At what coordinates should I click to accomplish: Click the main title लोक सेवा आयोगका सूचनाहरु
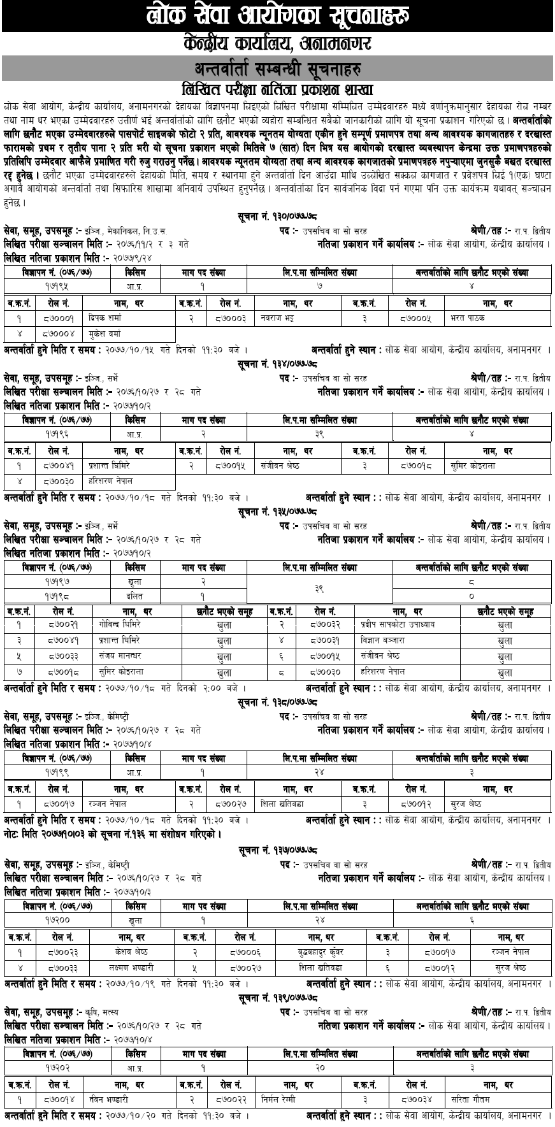tap(277, 14)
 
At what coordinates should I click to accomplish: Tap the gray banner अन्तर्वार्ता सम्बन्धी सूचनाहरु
tap(277, 67)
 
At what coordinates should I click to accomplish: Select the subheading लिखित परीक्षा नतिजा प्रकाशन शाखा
tap(277, 89)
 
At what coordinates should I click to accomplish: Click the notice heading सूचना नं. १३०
tap(277, 217)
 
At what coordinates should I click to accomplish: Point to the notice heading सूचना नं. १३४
tap(277, 364)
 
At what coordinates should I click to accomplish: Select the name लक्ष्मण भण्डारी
tap(127, 968)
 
